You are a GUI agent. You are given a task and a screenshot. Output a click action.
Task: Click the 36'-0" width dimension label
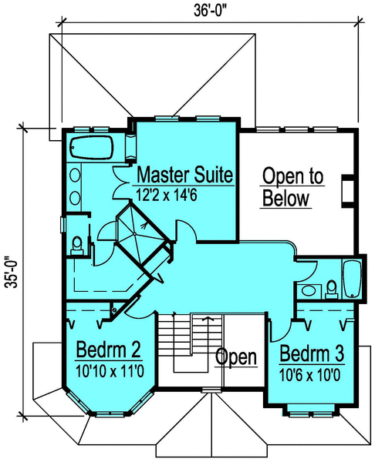tap(207, 11)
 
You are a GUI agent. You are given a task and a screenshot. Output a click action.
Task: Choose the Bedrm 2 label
tap(108, 351)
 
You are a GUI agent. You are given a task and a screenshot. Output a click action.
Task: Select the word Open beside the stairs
tap(235, 357)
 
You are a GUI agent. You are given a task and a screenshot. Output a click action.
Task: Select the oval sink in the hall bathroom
tap(309, 291)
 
